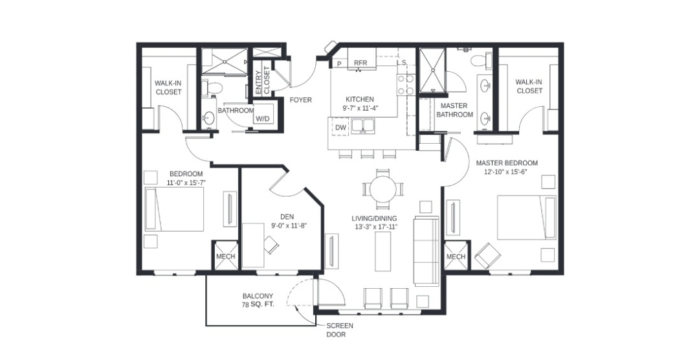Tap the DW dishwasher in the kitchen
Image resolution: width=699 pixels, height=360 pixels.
[340, 127]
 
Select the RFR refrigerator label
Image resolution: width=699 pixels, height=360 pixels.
[361, 63]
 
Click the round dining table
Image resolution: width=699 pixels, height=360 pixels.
[383, 189]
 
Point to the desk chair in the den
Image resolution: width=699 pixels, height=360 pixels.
[271, 245]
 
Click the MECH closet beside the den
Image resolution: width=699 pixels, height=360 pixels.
[226, 256]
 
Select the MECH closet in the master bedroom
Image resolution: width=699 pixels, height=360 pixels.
[456, 256]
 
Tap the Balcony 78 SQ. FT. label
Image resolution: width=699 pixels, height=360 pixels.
[258, 300]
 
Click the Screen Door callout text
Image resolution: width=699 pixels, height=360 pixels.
[340, 330]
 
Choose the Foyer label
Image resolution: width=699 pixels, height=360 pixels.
[301, 100]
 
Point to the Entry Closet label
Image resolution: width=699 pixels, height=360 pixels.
[263, 80]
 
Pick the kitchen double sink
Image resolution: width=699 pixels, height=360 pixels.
[363, 126]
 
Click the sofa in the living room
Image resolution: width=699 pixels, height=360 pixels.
[427, 251]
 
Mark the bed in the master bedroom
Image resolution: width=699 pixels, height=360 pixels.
[526, 218]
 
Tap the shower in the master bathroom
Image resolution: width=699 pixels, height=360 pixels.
[432, 71]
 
